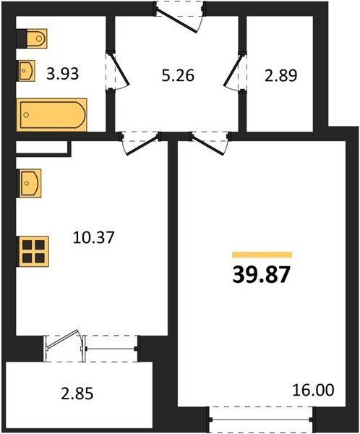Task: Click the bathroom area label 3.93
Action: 63,74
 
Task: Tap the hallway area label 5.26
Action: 178,75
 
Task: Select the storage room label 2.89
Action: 281,75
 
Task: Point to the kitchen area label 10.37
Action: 93,237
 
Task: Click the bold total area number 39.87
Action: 261,275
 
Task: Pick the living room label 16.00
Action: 313,390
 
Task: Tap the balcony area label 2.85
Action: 77,393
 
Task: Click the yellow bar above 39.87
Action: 262,255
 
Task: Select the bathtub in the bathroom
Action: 52,114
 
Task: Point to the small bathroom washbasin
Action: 27,71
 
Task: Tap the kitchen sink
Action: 29,183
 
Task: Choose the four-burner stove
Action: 33,251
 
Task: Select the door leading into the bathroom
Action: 118,71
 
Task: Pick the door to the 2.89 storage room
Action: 235,71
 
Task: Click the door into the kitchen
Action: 140,143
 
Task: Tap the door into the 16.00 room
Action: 210,143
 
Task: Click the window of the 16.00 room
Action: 262,420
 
